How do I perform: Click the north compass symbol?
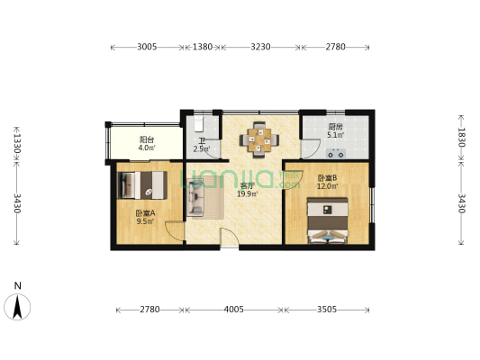[18, 307]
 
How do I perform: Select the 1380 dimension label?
[204, 47]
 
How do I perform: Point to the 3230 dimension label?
[260, 47]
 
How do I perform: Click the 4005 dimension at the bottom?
[233, 310]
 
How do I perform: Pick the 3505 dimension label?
[326, 310]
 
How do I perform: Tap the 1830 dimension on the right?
[462, 137]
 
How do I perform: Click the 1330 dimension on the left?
[17, 144]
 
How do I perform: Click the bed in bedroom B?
[327, 222]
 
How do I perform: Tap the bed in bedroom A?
[142, 184]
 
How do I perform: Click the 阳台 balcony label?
[146, 139]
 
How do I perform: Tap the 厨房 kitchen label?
[333, 127]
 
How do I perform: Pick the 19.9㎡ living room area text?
[248, 193]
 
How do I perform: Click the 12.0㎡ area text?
[327, 188]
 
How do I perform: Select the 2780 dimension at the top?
[335, 47]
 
